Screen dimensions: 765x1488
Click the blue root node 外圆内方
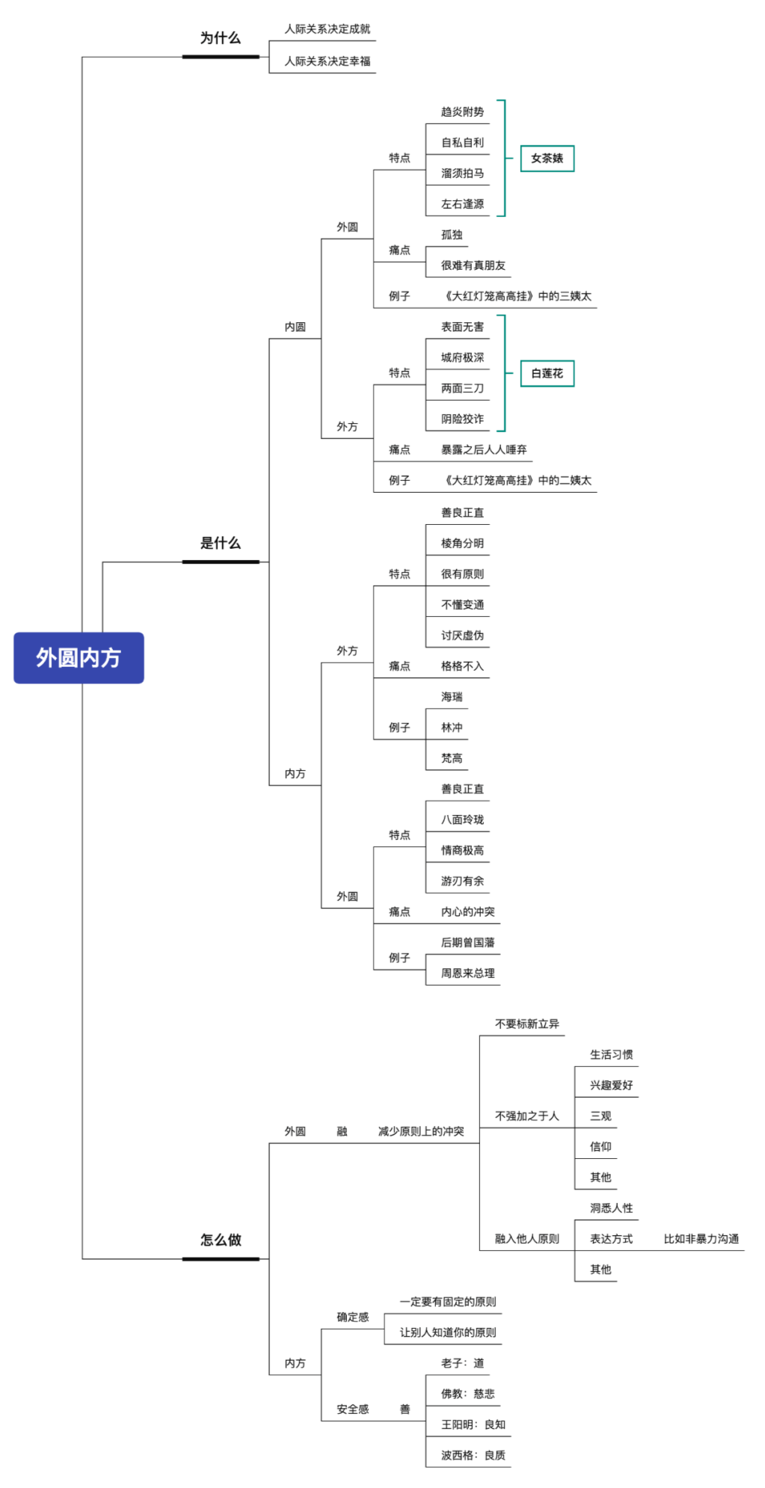[79, 657]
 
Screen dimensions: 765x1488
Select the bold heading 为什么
[220, 38]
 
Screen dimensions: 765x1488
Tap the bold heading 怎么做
[220, 1240]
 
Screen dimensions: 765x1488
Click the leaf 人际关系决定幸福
[328, 61]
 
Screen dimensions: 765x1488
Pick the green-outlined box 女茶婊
[547, 159]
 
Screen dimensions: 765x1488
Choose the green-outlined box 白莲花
[547, 373]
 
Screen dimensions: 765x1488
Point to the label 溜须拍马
[462, 173]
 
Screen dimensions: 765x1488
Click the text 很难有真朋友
[473, 265]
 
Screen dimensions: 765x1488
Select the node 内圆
[295, 327]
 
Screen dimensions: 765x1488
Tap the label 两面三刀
[462, 388]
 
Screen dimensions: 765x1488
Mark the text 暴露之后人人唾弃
[484, 449]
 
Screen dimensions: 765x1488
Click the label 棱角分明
[462, 543]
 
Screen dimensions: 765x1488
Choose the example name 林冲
[452, 728]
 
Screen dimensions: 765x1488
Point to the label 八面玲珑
[462, 820]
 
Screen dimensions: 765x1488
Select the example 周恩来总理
[467, 973]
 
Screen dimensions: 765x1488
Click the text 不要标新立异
[526, 1024]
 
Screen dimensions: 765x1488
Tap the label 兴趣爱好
[611, 1085]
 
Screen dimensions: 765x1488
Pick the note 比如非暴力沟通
[701, 1239]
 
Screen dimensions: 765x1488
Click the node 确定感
[352, 1317]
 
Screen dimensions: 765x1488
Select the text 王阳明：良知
[473, 1424]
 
